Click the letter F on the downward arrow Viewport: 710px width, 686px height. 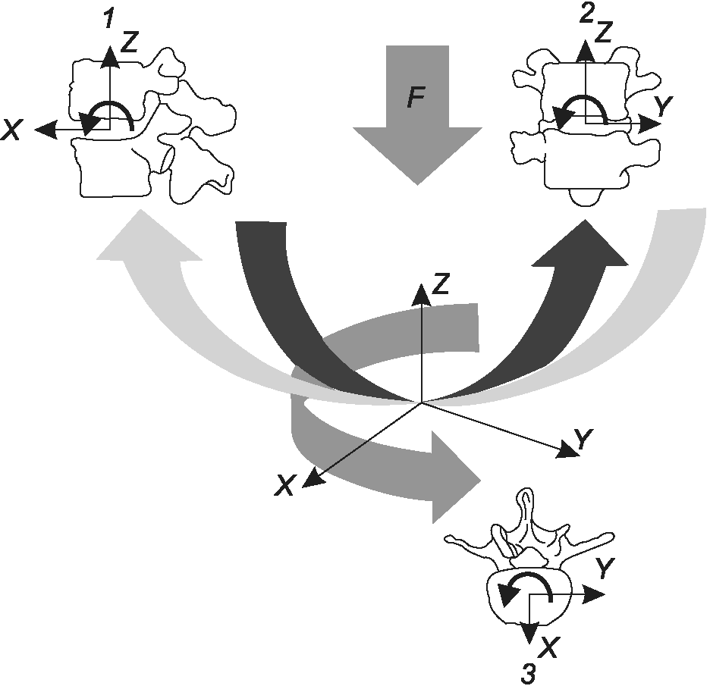coord(416,97)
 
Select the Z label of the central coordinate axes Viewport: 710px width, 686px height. coord(441,283)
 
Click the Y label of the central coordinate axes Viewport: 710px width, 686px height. coord(583,438)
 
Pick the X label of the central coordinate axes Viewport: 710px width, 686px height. coord(284,485)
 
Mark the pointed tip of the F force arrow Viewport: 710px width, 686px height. coord(417,185)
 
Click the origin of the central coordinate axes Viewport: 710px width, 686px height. coord(422,402)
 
